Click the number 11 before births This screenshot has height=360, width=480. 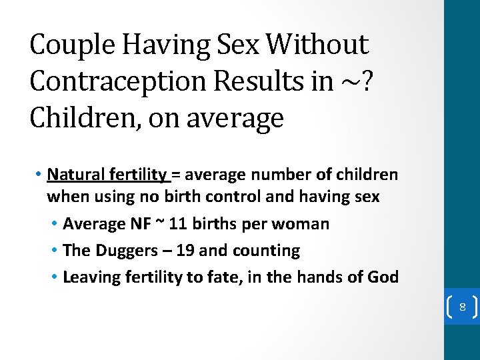177,224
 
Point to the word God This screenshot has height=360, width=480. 383,277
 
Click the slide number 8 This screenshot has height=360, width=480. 461,308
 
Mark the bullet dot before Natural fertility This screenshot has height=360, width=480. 40,175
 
